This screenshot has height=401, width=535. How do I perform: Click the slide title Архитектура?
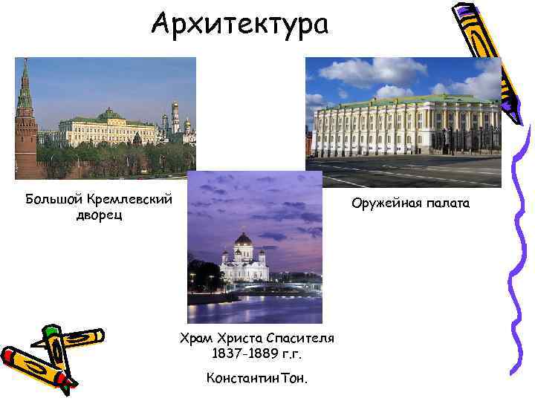point(239,25)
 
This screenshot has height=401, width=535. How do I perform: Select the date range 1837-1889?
point(241,354)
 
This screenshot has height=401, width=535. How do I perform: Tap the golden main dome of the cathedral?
point(244,239)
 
